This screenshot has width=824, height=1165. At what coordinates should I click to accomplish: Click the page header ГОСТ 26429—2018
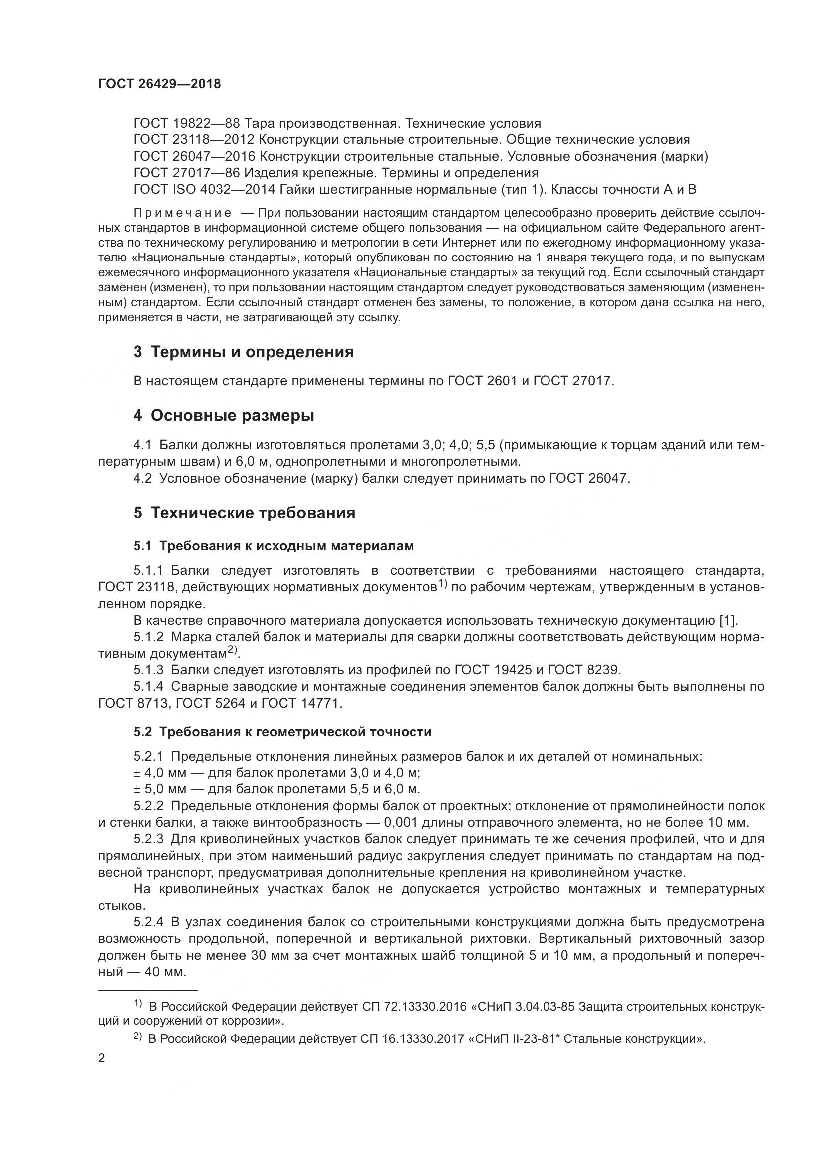(159, 84)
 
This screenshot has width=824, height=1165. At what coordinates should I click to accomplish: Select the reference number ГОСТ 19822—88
(186, 124)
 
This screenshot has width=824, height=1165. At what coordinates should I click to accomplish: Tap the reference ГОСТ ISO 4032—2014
(203, 190)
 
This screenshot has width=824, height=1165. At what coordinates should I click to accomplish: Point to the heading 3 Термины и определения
(244, 352)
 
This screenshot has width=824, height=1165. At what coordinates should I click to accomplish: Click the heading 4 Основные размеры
(224, 415)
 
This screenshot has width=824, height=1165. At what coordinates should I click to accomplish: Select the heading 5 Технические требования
(244, 513)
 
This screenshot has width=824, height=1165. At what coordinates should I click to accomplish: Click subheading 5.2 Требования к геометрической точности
(282, 732)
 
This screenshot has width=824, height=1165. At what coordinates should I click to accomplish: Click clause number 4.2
(142, 479)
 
